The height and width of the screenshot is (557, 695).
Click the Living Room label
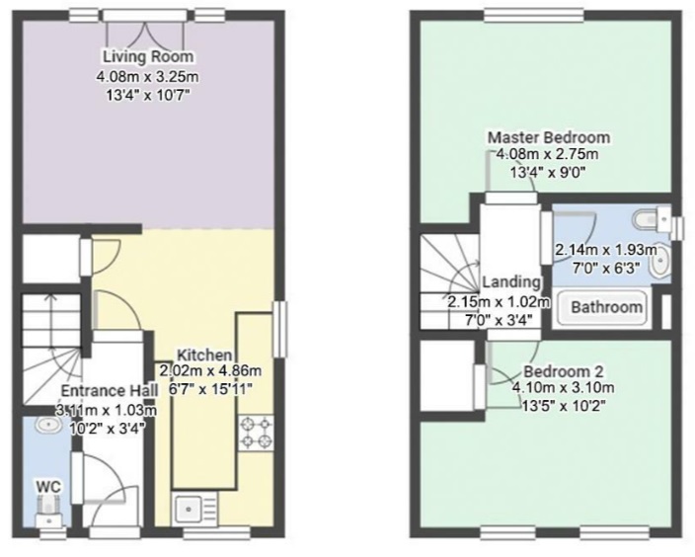[x=148, y=56]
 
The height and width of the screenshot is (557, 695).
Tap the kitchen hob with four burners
[x=256, y=434]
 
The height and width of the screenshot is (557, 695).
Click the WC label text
[x=48, y=487]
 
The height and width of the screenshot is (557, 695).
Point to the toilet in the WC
[x=48, y=511]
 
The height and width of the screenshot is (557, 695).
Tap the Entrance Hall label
[x=109, y=391]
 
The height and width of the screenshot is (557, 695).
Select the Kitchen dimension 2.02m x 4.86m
[x=210, y=370]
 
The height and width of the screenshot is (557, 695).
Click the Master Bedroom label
[x=549, y=137]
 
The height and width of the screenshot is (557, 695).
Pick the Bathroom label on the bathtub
[x=606, y=307]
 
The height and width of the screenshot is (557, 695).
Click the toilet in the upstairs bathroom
[x=653, y=218]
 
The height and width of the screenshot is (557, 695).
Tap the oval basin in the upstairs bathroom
[x=660, y=261]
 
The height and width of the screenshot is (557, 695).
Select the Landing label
[x=511, y=282]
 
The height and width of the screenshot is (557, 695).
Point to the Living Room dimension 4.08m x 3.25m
[x=147, y=77]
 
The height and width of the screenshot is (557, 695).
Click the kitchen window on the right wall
[x=279, y=329]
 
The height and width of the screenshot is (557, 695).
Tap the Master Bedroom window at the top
[x=534, y=16]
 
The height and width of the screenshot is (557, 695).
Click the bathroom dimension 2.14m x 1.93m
[x=606, y=250]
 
